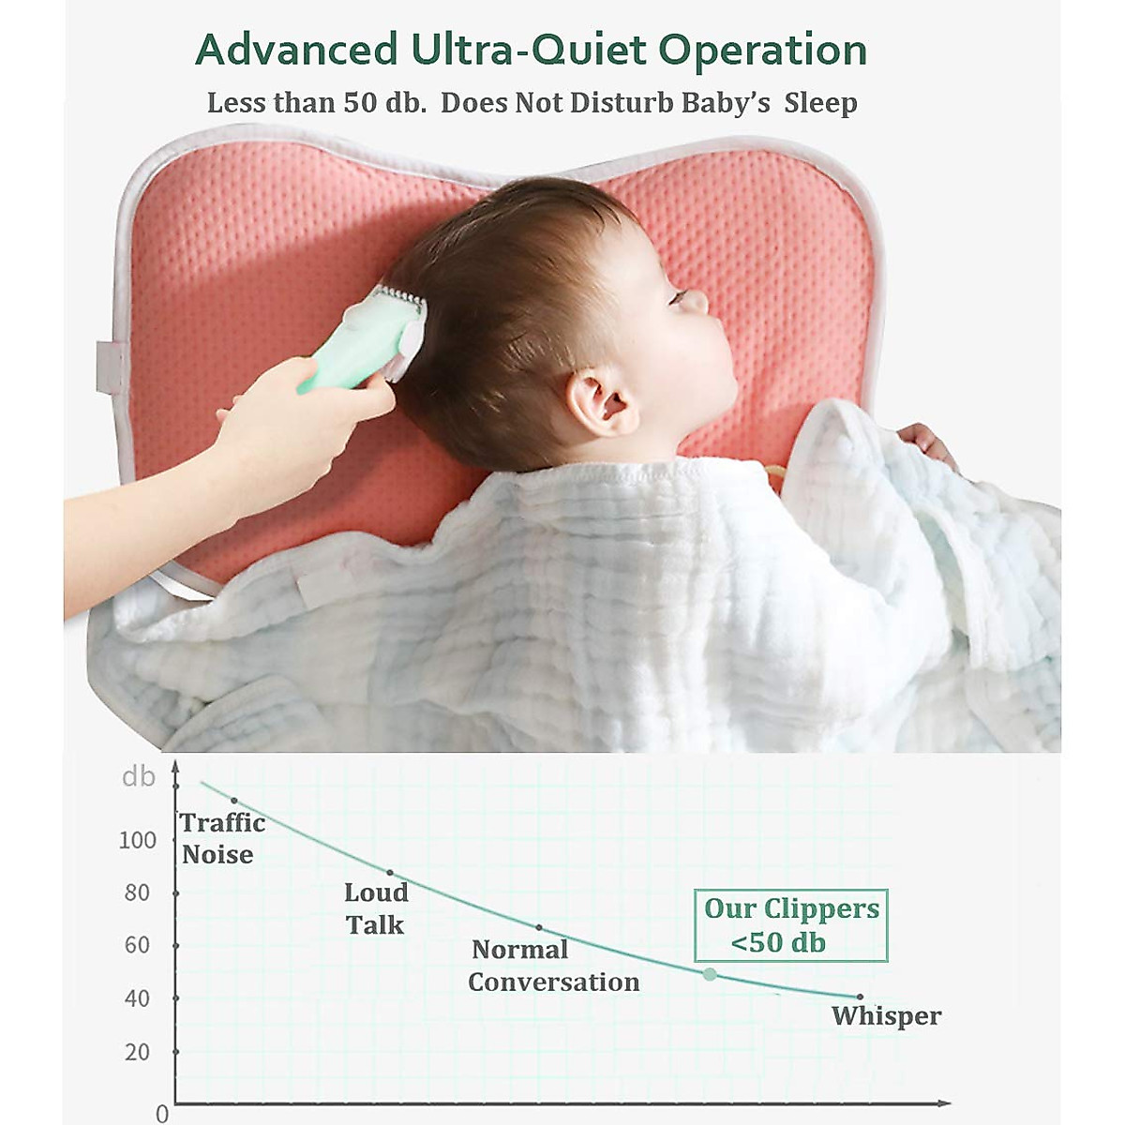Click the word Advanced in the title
point(296,50)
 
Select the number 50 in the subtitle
point(359,102)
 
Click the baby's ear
point(600,402)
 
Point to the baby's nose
point(695,302)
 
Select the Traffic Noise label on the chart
point(221,838)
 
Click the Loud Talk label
point(375,908)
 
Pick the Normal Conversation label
point(553,966)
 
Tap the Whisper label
point(886,1016)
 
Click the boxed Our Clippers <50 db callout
point(790,925)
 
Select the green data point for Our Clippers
point(710,975)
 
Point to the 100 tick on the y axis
point(138,840)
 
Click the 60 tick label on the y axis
point(137,945)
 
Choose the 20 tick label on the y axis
point(137,1052)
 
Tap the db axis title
point(138,777)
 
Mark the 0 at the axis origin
point(162,1114)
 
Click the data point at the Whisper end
point(860,997)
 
